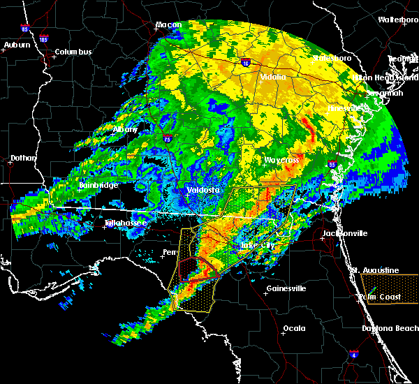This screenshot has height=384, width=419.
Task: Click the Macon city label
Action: pos(168,25)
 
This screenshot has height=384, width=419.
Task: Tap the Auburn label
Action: pos(17,45)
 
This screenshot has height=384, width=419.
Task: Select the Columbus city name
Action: pos(73,52)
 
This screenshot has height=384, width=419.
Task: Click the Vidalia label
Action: pos(272,77)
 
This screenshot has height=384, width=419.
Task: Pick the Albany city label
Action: pos(126,129)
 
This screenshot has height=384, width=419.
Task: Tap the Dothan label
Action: pos(23,158)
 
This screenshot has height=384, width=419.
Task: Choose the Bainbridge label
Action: pos(98,185)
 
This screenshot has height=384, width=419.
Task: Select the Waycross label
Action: pos(281,160)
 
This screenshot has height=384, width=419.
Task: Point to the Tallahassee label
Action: pos(126,223)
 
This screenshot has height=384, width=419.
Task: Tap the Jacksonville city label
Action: pos(344,233)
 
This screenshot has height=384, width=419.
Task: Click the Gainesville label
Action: pos(286,288)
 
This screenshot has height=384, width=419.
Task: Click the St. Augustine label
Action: pos(375,270)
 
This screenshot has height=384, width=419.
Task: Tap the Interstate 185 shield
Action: pos(44,39)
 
